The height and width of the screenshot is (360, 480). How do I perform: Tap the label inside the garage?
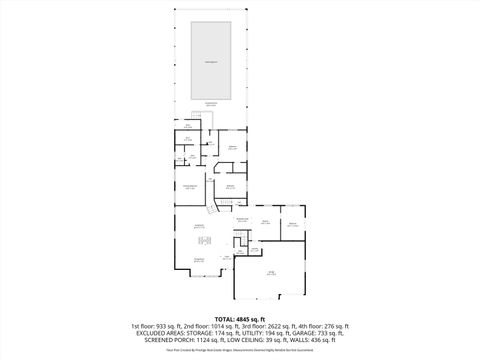coord(270,272)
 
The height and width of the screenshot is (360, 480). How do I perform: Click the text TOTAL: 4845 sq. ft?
coord(240,319)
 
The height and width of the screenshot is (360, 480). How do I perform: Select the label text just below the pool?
coord(211,103)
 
